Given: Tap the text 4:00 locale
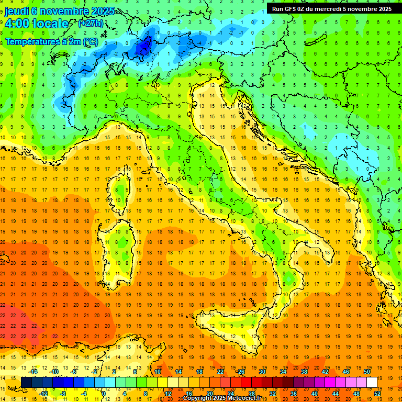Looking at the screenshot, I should click(37, 24).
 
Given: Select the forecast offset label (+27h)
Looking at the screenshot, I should click(90, 24).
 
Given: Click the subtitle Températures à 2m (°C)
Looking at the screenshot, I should click(51, 41).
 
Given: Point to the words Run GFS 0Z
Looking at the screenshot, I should click(289, 8).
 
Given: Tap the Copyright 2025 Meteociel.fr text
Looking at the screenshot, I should click(225, 398).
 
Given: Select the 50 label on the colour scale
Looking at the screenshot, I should click(366, 371).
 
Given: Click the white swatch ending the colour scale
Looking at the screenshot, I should click(372, 382).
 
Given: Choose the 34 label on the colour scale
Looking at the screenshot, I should click(283, 371).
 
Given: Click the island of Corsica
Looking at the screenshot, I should click(121, 188).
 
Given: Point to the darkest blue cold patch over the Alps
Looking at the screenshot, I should click(142, 47).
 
